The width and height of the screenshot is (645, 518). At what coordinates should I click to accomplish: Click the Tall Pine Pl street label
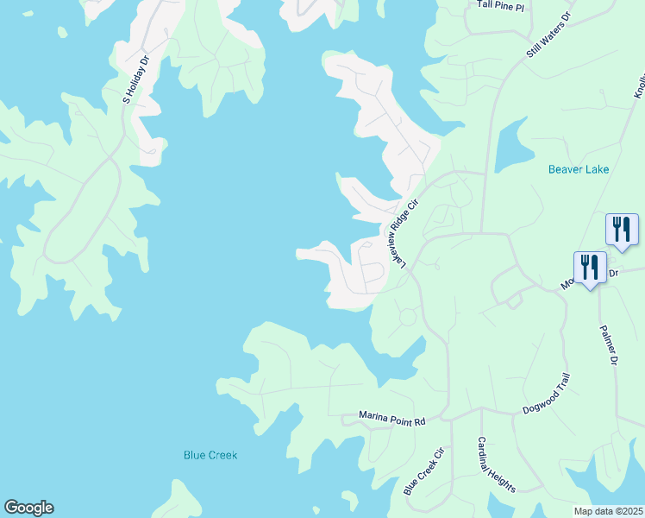[x=501, y=4]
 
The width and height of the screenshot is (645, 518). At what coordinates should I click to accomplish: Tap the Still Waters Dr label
[x=549, y=36]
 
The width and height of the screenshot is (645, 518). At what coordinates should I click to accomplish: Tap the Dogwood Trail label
[x=546, y=400]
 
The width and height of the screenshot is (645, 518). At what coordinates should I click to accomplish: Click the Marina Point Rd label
[x=392, y=420]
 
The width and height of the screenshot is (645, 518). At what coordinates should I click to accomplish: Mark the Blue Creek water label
[x=210, y=455]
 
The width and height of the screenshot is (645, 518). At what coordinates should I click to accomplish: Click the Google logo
[x=28, y=508]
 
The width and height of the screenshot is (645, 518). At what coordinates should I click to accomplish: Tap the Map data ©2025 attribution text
[x=608, y=511]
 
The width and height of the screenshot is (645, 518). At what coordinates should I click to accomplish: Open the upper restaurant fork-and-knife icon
[x=622, y=230]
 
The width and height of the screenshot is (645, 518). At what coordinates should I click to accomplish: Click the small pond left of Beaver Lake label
[x=510, y=142]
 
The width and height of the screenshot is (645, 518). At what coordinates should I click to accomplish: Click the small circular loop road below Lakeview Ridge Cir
[x=407, y=317]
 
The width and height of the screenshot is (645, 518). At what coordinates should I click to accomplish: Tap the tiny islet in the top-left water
[x=62, y=33]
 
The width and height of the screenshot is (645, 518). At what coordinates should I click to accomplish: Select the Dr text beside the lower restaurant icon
[x=614, y=273]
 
